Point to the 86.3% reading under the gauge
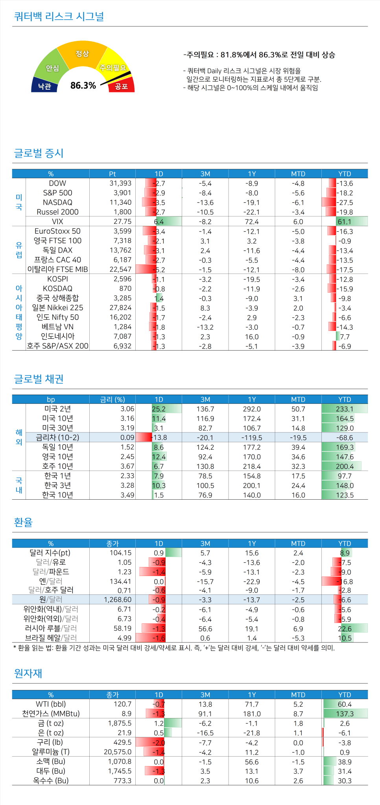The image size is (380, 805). tap(83, 85)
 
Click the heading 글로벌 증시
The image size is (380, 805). tap(39, 153)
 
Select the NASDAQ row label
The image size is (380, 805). tap(57, 202)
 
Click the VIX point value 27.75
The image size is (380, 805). tap(122, 222)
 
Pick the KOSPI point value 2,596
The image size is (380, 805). tap(122, 279)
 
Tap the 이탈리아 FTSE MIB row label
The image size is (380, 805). tap(57, 269)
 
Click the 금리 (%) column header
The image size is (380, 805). tap(112, 399)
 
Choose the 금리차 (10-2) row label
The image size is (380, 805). tap(57, 438)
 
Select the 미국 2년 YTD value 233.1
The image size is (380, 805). tap(345, 409)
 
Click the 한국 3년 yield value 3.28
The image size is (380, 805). tap(127, 485)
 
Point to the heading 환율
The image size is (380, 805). tap(23, 522)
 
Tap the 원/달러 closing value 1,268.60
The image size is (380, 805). tap(118, 600)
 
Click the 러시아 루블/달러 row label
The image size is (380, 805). tap(51, 628)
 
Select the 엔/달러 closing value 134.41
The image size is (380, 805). tap(120, 582)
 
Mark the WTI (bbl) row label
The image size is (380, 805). tap(51, 704)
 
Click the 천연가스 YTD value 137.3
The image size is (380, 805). tap(345, 714)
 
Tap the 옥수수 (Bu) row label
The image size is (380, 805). tap(51, 781)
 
